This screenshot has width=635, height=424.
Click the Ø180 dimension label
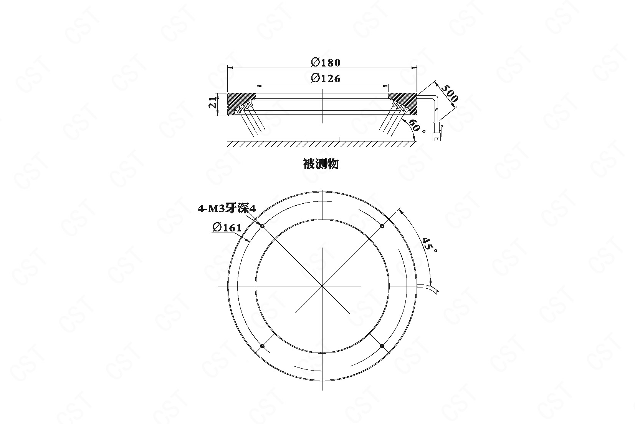tap(326, 62)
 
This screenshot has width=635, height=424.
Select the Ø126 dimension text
tap(326, 78)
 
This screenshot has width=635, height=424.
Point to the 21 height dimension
tap(213, 102)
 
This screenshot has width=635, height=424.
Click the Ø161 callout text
tap(227, 227)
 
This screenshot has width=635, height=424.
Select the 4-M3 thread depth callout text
tap(227, 209)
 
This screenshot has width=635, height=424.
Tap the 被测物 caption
tap(321, 164)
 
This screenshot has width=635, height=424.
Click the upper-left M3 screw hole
tap(262, 226)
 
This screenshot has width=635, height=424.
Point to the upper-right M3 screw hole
tap(382, 226)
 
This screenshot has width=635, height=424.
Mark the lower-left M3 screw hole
tap(262, 346)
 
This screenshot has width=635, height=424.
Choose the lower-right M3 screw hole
tap(382, 346)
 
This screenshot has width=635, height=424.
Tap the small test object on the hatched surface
tap(322, 139)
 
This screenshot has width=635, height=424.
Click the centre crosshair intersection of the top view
tap(322, 286)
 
